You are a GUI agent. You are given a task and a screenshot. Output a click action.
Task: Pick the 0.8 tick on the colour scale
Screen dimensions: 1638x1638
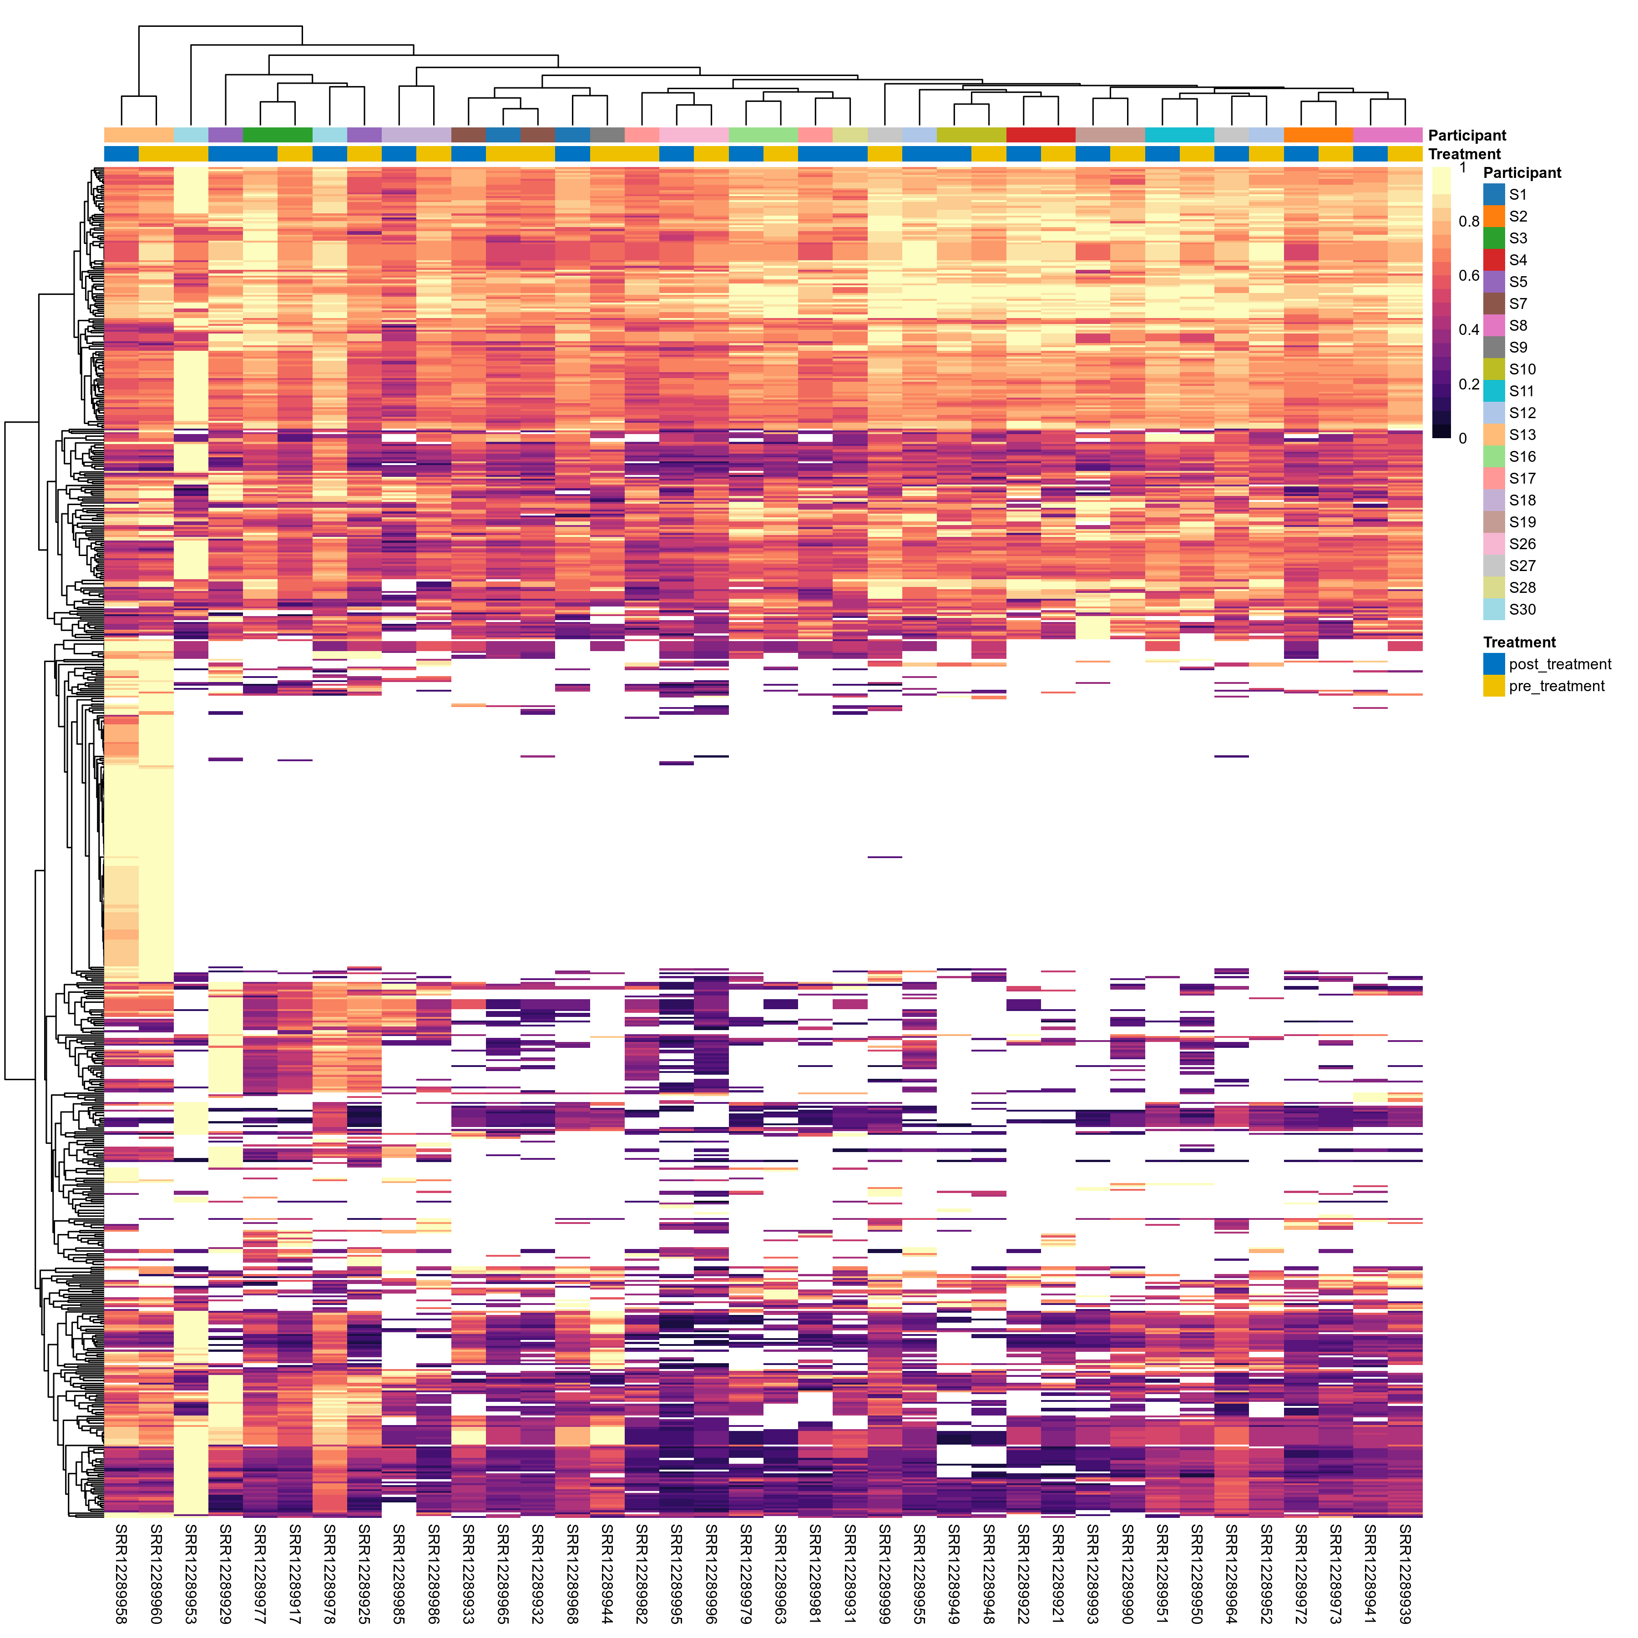[1468, 221]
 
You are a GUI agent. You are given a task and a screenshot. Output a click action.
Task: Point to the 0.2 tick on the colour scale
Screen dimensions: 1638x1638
[1468, 384]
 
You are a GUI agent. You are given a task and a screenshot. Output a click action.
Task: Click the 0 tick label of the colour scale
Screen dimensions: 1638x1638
[1462, 438]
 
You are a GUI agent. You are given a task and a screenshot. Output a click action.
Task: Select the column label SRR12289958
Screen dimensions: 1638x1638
[121, 1573]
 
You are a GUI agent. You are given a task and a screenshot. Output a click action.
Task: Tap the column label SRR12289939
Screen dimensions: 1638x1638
[1405, 1573]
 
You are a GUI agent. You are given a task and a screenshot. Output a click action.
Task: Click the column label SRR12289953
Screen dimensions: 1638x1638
[191, 1573]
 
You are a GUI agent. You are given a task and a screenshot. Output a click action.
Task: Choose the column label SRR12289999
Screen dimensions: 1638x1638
[884, 1573]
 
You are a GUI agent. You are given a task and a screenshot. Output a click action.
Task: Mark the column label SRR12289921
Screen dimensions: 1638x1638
[1058, 1573]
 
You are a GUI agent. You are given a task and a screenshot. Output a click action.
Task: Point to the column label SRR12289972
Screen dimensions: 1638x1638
[1301, 1573]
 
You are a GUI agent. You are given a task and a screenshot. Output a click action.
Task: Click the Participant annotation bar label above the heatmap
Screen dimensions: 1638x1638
[1467, 136]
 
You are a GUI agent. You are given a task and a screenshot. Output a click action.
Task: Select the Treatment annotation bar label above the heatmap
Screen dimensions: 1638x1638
[1464, 154]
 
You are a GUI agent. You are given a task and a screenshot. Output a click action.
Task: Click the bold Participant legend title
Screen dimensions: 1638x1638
[1522, 173]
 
